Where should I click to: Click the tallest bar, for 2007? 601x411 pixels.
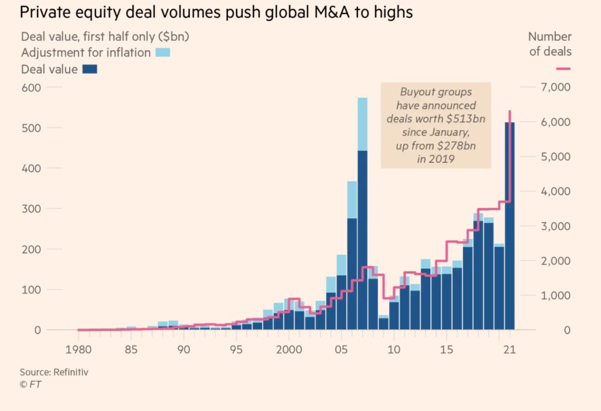pyautogui.click(x=362, y=222)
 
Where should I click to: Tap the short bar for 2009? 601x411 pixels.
pyautogui.click(x=384, y=323)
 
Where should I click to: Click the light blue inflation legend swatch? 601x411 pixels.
pyautogui.click(x=163, y=52)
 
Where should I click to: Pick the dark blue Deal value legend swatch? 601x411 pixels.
pyautogui.click(x=90, y=69)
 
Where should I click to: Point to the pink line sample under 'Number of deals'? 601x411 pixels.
pyautogui.click(x=564, y=69)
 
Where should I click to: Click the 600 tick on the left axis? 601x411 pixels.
pyautogui.click(x=30, y=87)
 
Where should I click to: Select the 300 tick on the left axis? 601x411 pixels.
pyautogui.click(x=30, y=208)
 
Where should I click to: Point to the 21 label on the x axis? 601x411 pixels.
pyautogui.click(x=509, y=350)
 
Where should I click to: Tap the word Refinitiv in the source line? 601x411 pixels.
pyautogui.click(x=70, y=372)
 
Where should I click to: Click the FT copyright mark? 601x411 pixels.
pyautogui.click(x=30, y=385)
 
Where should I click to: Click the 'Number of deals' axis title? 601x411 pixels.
pyautogui.click(x=550, y=44)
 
